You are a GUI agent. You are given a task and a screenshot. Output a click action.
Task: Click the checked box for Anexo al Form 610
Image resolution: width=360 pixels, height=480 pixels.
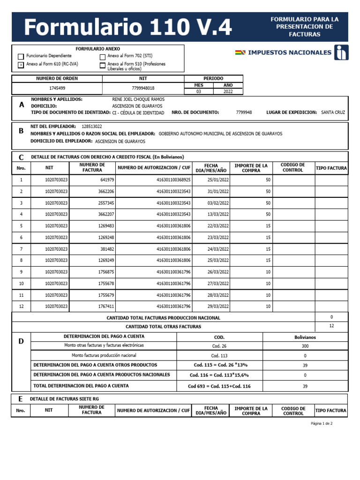click(21, 65)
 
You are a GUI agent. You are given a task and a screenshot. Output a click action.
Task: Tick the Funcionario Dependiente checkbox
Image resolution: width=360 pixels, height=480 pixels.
click(21, 56)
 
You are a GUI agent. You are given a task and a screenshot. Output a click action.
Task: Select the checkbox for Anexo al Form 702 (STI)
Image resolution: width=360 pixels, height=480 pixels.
click(103, 56)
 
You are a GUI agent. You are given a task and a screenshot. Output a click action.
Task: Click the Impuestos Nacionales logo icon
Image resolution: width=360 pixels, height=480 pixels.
click(341, 52)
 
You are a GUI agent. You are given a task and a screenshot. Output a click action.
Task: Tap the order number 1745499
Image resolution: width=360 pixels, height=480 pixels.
click(57, 88)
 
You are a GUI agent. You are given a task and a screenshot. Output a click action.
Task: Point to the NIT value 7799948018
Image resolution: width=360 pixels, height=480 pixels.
click(143, 88)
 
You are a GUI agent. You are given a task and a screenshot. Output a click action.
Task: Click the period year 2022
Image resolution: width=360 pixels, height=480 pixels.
click(228, 92)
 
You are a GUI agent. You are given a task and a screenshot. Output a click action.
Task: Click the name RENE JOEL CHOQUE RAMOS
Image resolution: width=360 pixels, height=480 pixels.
click(138, 99)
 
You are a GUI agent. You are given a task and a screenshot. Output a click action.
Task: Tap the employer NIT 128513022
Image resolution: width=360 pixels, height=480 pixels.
click(91, 127)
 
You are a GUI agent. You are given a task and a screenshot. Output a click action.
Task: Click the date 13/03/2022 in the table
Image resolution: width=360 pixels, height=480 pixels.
click(218, 214)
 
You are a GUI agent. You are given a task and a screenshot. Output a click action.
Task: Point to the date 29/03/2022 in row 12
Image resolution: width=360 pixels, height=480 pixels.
click(218, 307)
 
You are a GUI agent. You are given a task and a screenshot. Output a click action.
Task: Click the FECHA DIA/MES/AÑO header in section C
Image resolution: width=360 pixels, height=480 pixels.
click(211, 168)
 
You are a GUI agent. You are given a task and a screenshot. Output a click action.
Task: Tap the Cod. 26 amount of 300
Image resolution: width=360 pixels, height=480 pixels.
click(305, 345)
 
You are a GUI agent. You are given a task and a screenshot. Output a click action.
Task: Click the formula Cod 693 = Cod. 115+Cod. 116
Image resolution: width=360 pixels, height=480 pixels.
click(219, 386)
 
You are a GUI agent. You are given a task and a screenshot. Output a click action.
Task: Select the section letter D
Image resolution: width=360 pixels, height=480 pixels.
click(21, 341)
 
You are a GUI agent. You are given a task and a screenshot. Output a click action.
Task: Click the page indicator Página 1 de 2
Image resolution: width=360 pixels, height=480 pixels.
click(322, 423)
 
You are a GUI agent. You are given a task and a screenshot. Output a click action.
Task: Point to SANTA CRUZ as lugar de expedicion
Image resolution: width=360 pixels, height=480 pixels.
click(333, 112)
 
